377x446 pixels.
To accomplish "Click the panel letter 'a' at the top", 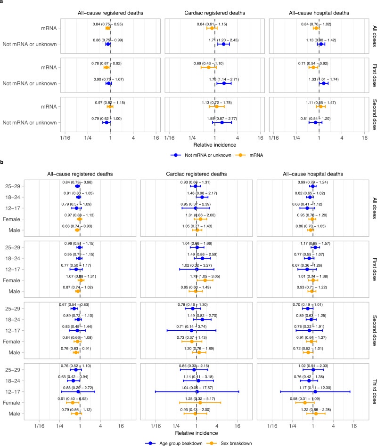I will pos(2,3).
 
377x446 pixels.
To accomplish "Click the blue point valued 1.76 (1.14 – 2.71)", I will pos(224,83).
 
